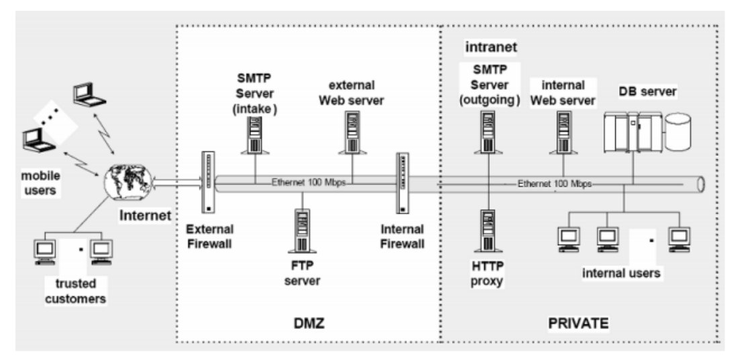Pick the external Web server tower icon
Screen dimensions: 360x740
click(353, 132)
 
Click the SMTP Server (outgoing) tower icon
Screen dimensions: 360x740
click(488, 132)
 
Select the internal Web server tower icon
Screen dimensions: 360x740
click(565, 132)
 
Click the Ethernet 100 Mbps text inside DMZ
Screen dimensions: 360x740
click(308, 181)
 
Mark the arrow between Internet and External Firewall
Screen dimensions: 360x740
click(177, 179)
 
